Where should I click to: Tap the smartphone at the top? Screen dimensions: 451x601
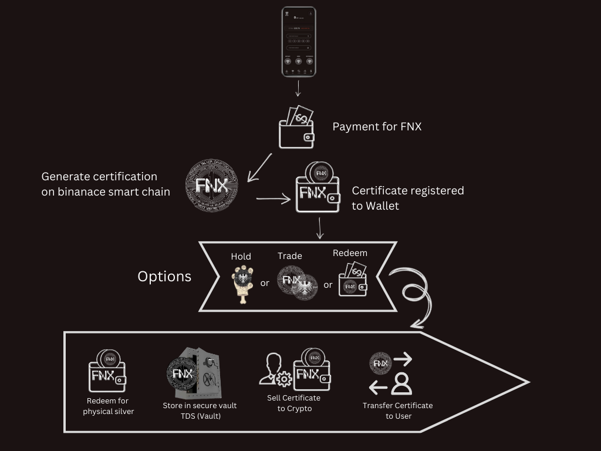point(298,42)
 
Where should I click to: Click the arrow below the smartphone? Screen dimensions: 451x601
point(298,89)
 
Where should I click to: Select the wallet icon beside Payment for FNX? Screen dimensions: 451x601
point(296,127)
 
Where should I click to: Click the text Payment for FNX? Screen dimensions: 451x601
point(377,126)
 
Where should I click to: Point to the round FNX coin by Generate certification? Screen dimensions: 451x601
point(212,185)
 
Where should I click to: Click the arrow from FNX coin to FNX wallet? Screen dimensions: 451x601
point(274,200)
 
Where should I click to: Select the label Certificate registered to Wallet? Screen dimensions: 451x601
point(407,198)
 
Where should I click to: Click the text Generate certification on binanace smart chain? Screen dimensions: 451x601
point(105,184)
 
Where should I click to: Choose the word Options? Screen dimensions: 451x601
point(164,277)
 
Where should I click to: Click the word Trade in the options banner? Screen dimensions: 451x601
point(290,256)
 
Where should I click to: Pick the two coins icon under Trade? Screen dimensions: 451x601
point(297,282)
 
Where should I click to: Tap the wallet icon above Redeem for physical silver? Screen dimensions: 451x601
point(107,371)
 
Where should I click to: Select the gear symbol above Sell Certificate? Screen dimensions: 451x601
point(284,379)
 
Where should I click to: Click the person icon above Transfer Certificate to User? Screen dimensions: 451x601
point(402,383)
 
